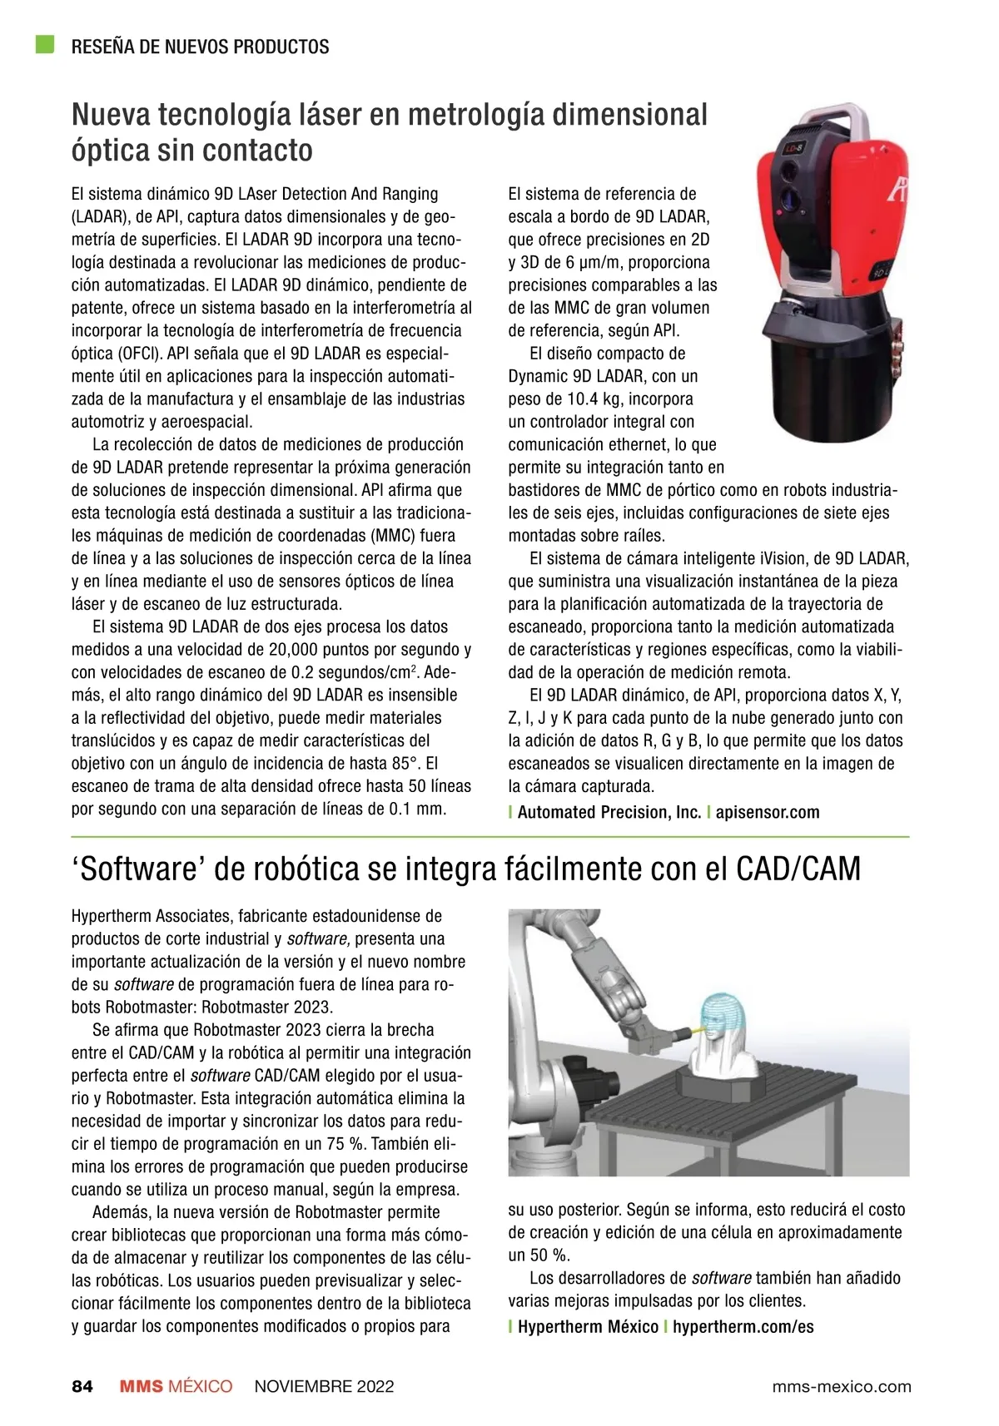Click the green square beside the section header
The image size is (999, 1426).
44,44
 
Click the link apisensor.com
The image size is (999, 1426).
768,813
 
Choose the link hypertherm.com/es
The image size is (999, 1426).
743,1327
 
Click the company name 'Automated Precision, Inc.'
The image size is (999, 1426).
609,813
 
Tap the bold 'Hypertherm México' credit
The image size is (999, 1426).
588,1327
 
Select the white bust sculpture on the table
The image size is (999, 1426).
721,1052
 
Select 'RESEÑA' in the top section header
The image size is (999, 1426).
103,47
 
